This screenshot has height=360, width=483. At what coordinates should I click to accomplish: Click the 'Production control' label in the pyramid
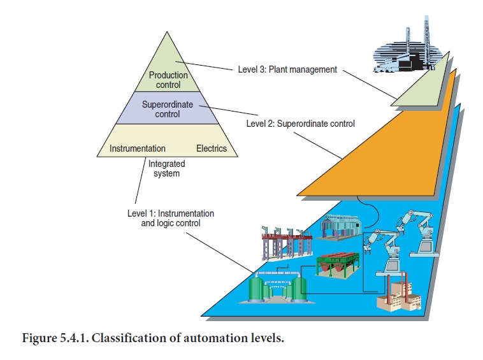pos(168,80)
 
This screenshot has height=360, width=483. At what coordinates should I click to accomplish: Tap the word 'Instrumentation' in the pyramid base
pos(138,148)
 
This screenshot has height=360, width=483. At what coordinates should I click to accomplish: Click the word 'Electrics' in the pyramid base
pos(211,148)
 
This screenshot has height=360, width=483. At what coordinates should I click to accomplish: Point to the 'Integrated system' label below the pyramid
pos(167,169)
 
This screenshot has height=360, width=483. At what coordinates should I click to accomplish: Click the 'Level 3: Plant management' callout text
pos(287,69)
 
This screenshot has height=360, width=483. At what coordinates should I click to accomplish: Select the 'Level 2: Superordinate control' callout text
pos(300,123)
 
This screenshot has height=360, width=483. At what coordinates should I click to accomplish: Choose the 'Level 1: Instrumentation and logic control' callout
pos(171,219)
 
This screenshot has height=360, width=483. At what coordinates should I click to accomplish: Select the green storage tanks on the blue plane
pos(277,287)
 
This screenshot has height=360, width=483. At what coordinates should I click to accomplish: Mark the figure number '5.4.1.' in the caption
pos(75,338)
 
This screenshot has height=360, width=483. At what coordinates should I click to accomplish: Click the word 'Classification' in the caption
pos(129,338)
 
